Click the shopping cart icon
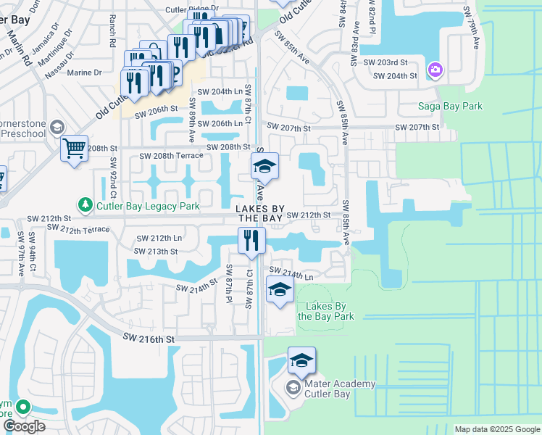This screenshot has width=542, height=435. coord(74,149)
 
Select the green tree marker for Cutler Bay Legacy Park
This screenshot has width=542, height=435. coord(86,207)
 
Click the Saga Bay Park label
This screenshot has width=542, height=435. coord(450,107)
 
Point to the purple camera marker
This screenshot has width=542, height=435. coord(435,70)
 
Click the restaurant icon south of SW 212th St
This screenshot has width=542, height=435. coord(251,241)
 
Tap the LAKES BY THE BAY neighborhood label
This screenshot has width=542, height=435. coord(260,213)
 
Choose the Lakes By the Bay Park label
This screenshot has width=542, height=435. coord(325,311)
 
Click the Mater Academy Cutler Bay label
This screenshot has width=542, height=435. coord(330,389)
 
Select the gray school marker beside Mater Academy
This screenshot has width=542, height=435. coord(293,388)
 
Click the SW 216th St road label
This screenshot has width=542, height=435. coord(149,339)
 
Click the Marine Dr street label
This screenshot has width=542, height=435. coord(84,72)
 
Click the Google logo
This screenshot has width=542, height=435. coord(24,426)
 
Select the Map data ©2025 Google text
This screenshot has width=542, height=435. coord(497,429)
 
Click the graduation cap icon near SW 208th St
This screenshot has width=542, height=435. coord(265,167)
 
